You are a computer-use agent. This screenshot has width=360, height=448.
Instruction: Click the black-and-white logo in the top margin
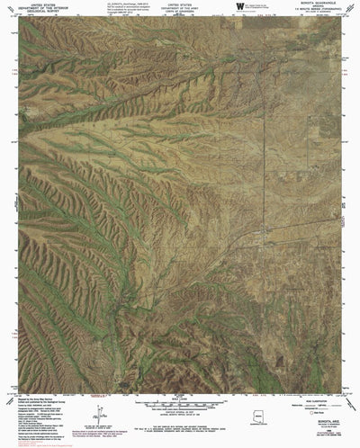[x=239, y=6]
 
